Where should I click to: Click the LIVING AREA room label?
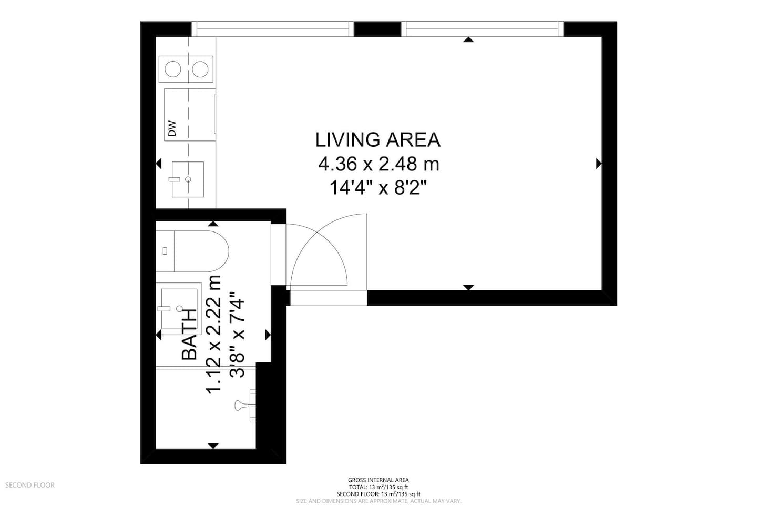coord(378,140)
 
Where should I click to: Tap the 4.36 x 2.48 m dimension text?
coord(379,164)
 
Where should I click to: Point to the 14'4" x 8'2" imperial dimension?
coord(378,188)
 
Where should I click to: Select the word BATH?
coord(189,334)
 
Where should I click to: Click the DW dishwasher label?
coord(172,128)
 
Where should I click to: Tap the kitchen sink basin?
coord(188,179)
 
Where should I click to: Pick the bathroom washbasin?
coord(179,308)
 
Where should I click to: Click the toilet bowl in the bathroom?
coord(201,251)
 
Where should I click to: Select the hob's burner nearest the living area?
coord(200,69)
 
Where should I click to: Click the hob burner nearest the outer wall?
coord(172,69)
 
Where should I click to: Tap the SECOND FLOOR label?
coord(30,485)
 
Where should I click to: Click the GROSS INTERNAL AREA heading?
coord(378,480)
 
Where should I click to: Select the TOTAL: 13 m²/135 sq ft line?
coord(378,487)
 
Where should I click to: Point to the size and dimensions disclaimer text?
coord(378,501)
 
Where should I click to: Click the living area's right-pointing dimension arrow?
coord(599,164)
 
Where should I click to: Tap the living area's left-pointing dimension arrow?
coord(158,164)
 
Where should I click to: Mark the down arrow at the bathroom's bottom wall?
coord(213,446)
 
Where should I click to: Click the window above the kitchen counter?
coord(273,29)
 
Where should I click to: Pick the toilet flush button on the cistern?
coord(165,251)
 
